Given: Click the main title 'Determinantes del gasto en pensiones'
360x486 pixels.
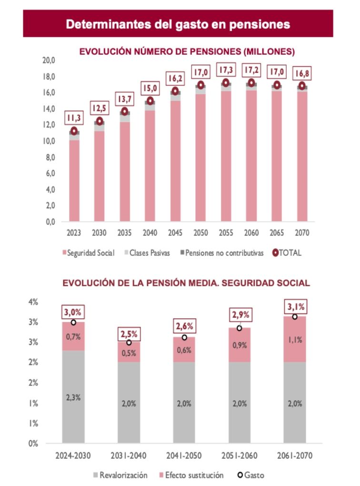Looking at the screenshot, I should click(178, 24).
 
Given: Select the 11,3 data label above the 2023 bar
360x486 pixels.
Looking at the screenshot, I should click(74, 116).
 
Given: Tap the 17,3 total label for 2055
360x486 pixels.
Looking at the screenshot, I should click(226, 70).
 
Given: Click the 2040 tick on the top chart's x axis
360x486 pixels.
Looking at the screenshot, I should click(150, 233).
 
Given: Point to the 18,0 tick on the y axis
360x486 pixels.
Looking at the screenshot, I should click(49, 76).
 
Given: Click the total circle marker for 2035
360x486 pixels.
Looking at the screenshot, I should click(125, 111).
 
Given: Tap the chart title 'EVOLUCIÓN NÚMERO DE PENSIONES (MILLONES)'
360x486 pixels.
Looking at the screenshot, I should click(187, 51).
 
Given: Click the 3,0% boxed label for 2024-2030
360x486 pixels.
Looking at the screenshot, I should click(73, 313).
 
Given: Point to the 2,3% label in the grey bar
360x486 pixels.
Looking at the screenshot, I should click(73, 398).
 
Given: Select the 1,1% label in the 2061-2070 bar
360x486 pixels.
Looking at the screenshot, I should click(295, 340).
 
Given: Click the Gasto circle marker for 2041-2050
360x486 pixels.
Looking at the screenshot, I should click(184, 337).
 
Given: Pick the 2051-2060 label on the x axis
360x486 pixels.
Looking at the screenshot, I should click(240, 456).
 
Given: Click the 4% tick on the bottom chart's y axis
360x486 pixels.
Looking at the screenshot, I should click(33, 302).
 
